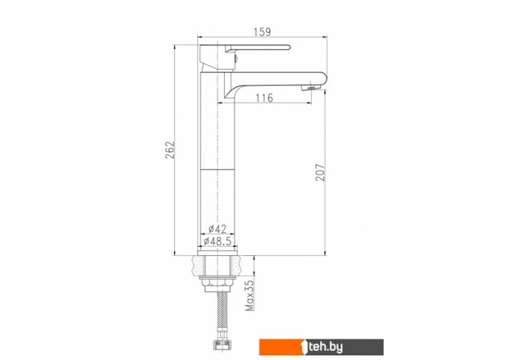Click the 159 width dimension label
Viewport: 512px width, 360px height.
262,32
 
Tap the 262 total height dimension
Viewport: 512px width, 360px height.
170,150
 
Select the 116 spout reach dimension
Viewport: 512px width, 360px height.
264,98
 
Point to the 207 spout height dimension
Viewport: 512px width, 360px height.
320,172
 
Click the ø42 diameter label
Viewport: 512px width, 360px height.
217,229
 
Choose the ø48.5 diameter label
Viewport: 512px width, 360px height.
217,242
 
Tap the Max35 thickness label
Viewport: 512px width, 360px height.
250,295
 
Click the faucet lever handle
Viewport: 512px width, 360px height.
258,48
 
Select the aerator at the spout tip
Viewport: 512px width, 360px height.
311,88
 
